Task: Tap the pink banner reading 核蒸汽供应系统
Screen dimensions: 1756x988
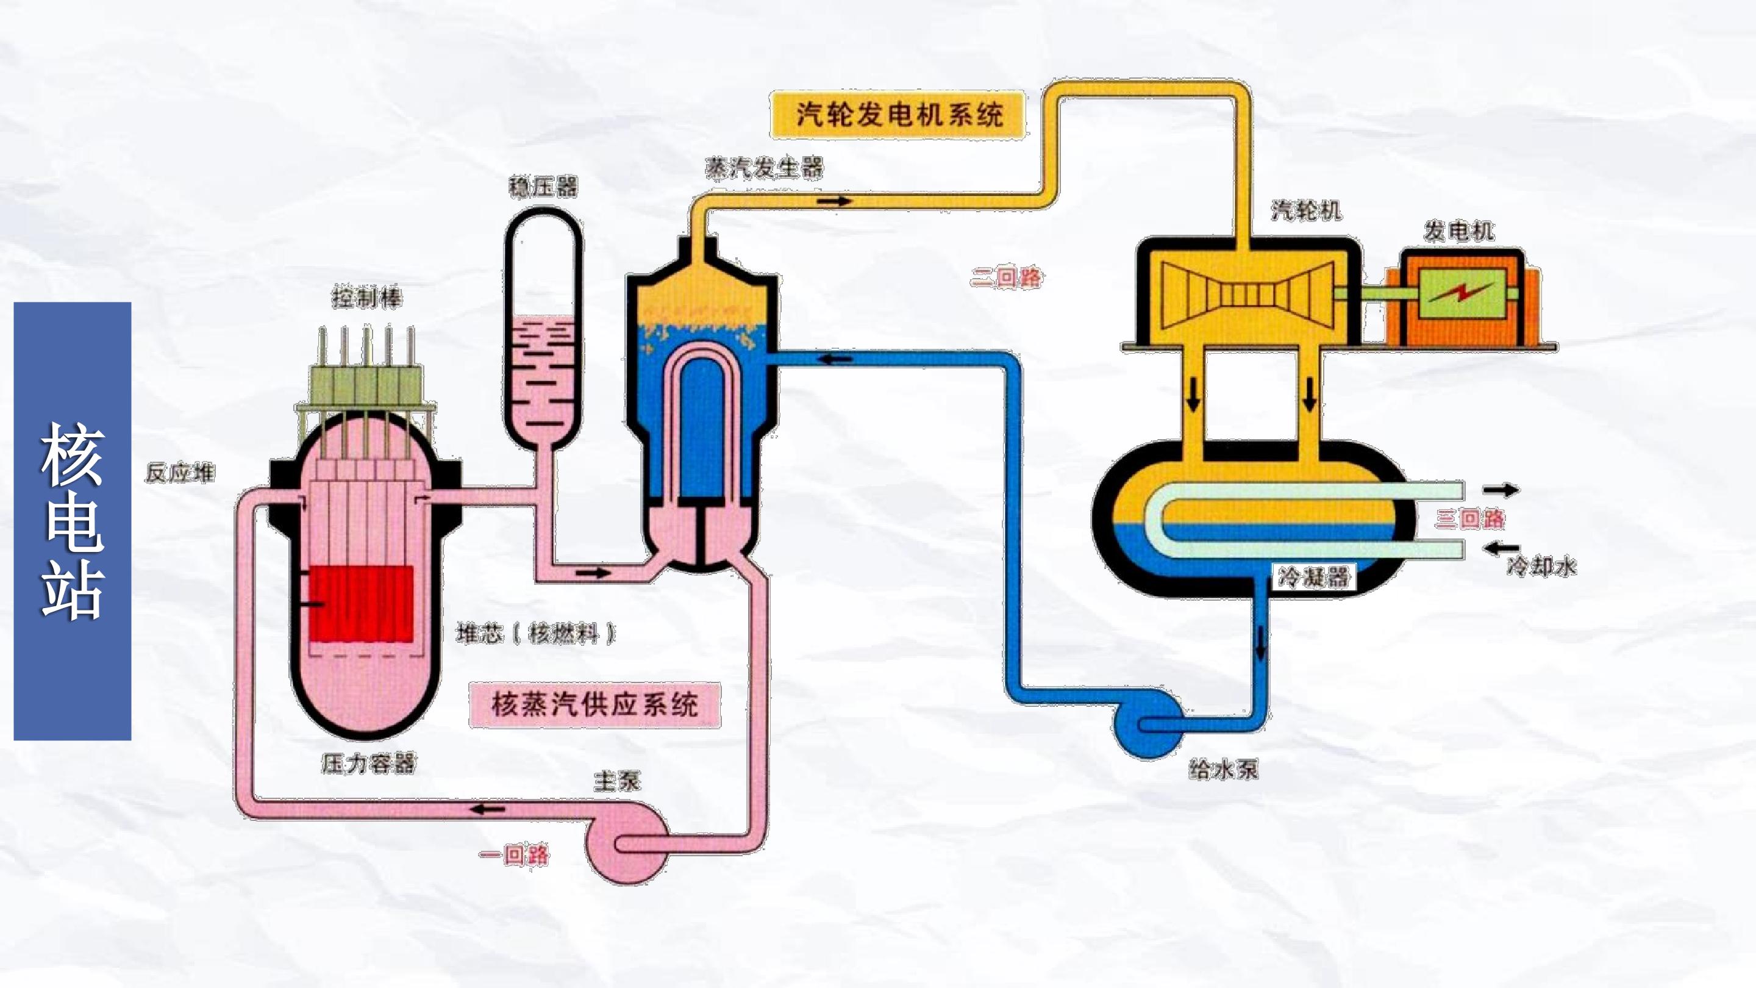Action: click(x=594, y=704)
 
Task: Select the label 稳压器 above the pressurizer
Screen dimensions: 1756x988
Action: click(x=543, y=187)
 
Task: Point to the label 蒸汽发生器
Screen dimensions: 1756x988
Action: click(x=764, y=168)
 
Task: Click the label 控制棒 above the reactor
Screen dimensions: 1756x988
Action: click(x=366, y=298)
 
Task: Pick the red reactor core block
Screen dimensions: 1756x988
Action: click(x=362, y=604)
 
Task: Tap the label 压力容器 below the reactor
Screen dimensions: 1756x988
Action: click(x=368, y=764)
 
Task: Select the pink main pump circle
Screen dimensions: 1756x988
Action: click(x=627, y=844)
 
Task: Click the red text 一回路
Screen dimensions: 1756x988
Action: click(x=514, y=854)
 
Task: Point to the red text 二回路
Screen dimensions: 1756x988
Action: click(x=1006, y=277)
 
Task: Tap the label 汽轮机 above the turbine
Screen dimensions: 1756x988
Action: click(x=1306, y=210)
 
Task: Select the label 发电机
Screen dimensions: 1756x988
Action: click(x=1459, y=232)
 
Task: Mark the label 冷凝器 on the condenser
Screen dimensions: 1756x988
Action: click(x=1313, y=578)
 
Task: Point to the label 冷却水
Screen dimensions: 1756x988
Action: click(x=1541, y=566)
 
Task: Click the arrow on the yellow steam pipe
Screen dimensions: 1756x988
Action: click(x=835, y=201)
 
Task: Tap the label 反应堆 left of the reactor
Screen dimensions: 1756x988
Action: click(x=180, y=473)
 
